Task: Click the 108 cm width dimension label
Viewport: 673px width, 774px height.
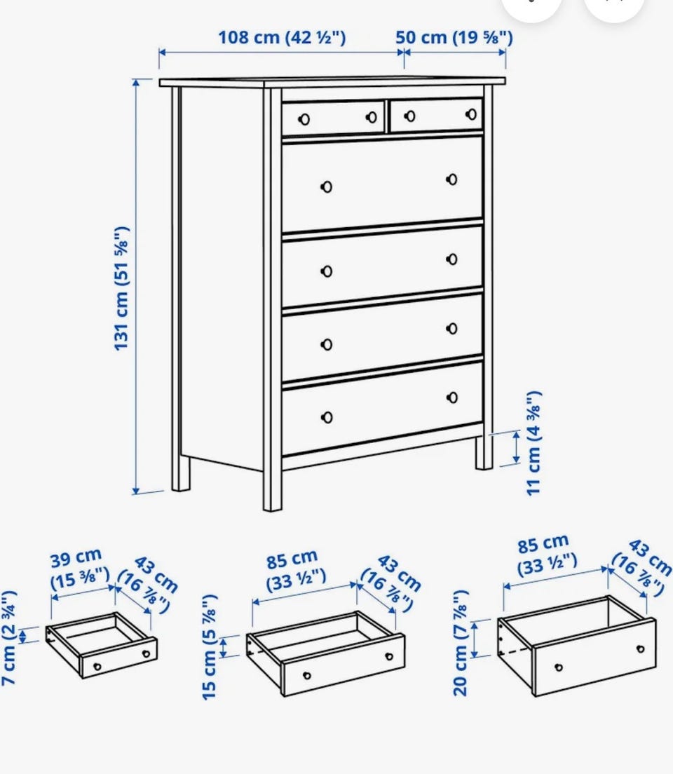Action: coord(282,37)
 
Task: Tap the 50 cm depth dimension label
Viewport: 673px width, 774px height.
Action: coord(454,37)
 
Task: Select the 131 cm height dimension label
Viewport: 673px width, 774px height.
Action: coord(121,288)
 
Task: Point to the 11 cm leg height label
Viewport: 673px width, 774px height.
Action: coord(533,443)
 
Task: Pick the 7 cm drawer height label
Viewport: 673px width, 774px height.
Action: coord(9,637)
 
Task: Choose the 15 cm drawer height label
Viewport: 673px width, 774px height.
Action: coord(210,646)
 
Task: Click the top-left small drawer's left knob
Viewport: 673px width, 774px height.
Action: coord(304,119)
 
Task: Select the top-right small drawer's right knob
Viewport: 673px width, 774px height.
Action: coord(471,114)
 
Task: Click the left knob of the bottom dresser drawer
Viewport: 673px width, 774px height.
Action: coord(327,418)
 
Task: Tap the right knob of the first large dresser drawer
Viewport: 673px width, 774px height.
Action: coord(451,179)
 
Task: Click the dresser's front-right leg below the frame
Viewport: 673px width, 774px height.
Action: coord(484,452)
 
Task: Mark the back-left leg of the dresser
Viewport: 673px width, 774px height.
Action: coord(181,473)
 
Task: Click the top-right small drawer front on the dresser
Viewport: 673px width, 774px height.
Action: coord(437,116)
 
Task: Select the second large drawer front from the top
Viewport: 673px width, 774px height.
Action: coord(382,266)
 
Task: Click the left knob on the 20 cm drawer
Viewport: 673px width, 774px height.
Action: coord(559,667)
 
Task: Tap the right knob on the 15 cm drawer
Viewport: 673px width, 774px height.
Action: coord(389,656)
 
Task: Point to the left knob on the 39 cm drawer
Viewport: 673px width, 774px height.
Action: coord(97,667)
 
